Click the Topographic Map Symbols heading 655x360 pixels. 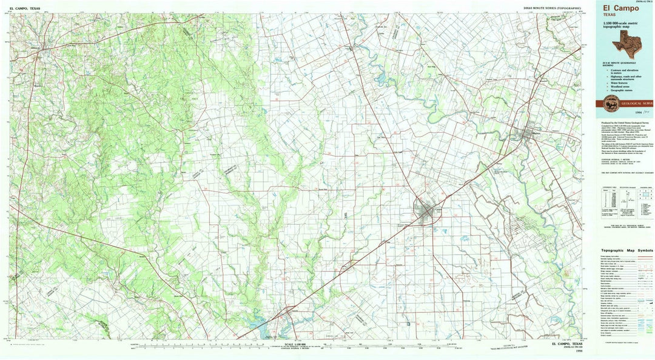[626, 250]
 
